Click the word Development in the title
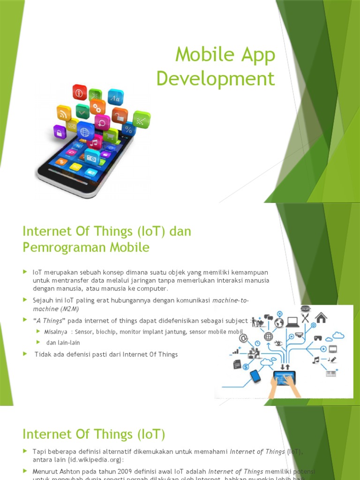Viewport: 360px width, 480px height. [x=215, y=78]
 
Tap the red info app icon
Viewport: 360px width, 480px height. [x=79, y=92]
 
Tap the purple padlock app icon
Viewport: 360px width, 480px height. [x=60, y=132]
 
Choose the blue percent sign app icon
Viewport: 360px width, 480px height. [x=128, y=129]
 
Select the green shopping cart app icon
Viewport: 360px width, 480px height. [x=110, y=135]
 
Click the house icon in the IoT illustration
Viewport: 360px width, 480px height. [x=321, y=318]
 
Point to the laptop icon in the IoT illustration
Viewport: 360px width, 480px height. [x=292, y=322]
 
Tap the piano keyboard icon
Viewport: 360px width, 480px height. [x=331, y=374]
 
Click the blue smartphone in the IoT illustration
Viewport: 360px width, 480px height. [x=255, y=376]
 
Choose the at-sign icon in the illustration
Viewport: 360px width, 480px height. [x=243, y=338]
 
